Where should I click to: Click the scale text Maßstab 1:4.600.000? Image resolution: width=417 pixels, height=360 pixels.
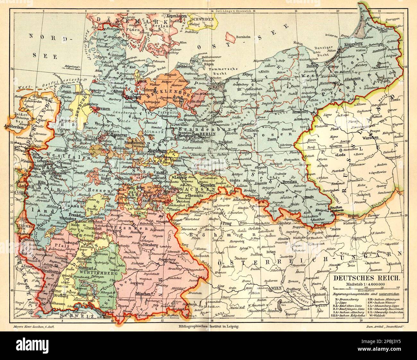click(366, 285)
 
